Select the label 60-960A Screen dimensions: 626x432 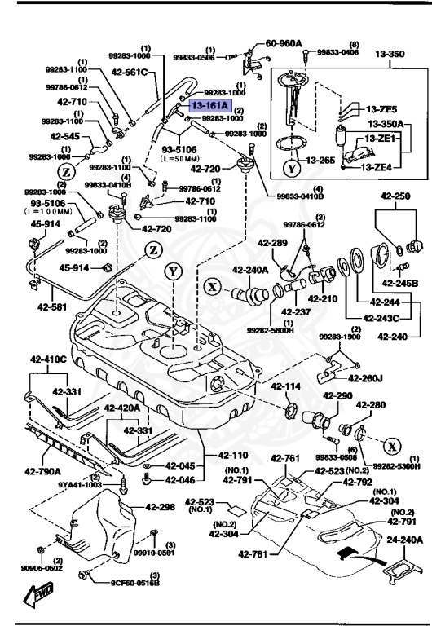284,43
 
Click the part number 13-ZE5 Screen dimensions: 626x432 381,109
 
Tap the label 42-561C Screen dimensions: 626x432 131,72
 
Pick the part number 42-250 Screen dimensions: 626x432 390,197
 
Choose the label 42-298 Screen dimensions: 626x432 161,506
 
